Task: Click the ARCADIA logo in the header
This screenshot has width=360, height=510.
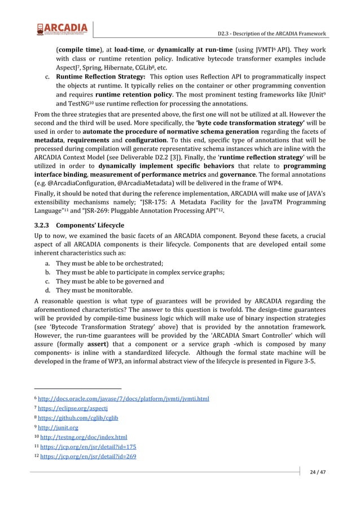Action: tap(62, 28)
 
